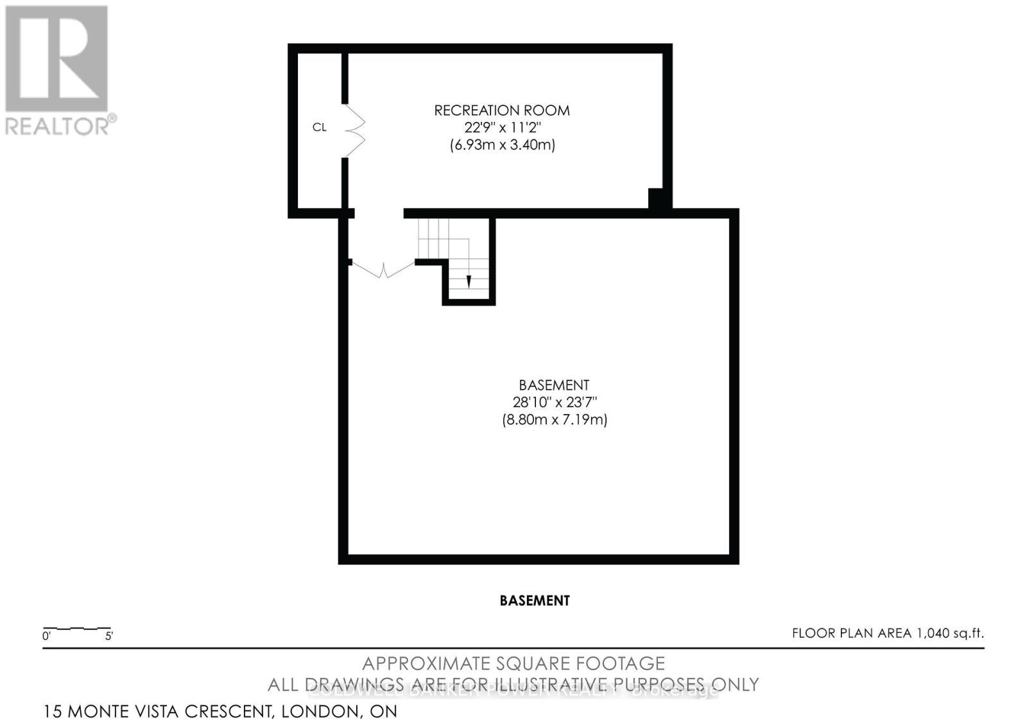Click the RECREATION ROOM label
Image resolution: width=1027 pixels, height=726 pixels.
click(501, 110)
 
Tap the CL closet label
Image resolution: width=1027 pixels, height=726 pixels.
click(319, 127)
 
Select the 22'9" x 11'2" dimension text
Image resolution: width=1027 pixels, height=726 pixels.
click(501, 128)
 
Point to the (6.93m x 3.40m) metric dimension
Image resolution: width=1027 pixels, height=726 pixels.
click(502, 145)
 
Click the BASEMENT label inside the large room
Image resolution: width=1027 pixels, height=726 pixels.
click(554, 385)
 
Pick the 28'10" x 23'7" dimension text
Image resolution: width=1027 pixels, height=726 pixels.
click(555, 402)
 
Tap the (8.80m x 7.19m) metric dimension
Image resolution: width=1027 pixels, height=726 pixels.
click(555, 420)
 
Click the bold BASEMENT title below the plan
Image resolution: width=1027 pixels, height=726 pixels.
click(534, 601)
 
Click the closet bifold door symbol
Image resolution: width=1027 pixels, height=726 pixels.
click(355, 130)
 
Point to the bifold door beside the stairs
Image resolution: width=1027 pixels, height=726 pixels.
click(383, 270)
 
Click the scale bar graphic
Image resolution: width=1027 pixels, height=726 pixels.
click(77, 627)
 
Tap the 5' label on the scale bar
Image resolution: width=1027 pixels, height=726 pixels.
click(109, 637)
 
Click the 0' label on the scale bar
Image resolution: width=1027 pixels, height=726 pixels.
click(46, 637)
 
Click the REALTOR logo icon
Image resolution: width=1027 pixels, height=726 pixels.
click(56, 58)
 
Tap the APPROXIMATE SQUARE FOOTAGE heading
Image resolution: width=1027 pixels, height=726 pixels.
click(513, 663)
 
